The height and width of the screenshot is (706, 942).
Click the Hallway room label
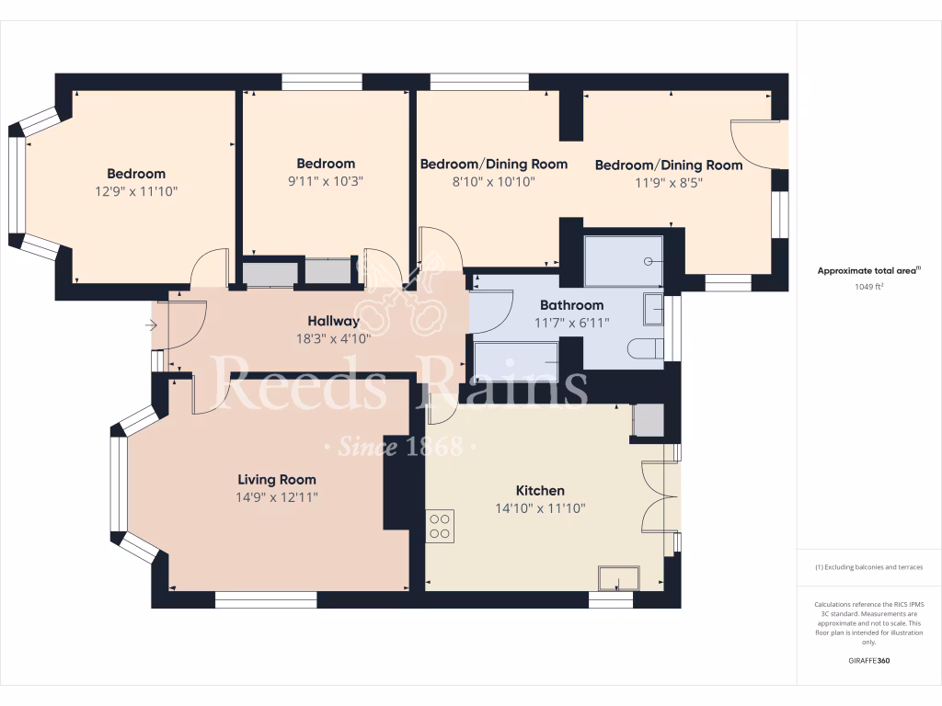pos(333,321)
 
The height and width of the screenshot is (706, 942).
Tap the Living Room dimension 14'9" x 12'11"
pos(277,497)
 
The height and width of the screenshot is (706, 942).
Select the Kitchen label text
pos(540,491)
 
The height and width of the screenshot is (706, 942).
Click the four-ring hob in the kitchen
pos(441,526)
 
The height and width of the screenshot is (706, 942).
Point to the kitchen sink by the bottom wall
pos(618,578)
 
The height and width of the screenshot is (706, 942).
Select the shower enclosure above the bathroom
pos(624,260)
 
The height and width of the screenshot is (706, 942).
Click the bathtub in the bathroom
pos(515,358)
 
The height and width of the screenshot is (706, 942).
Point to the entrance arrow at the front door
pos(151,325)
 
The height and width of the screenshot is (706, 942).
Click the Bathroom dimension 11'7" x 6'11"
pos(571,322)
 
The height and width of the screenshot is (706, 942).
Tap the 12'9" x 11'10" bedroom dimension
pos(136,191)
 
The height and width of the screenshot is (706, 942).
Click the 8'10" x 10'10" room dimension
pos(493,182)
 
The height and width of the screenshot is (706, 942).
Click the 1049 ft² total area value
pos(869,287)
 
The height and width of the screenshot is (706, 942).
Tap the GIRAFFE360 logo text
pos(869,660)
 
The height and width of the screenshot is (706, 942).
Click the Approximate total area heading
pos(868,270)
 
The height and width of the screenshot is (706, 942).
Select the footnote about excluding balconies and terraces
pos(869,567)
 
